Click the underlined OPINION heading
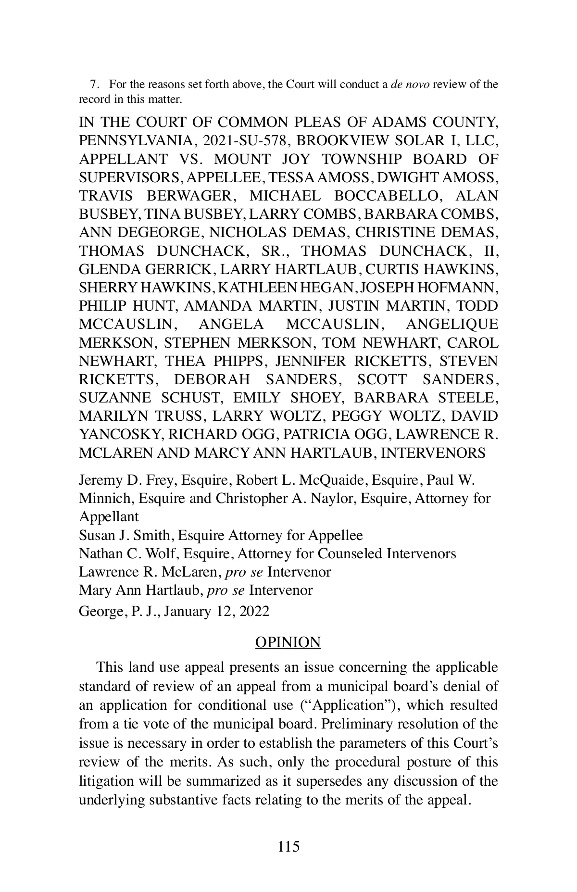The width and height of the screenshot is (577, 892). click(288, 642)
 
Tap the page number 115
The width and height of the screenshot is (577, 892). click(288, 846)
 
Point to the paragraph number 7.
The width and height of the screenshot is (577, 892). click(94, 85)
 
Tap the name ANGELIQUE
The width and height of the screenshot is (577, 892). click(452, 325)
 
